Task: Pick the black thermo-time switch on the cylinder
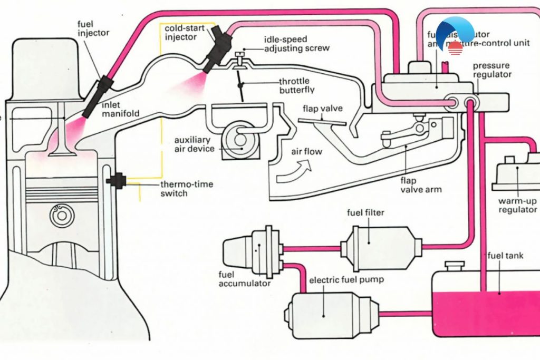115,181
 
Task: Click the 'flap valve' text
323,109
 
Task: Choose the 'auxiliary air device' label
195,144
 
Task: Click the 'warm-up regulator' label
517,206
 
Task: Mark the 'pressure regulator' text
491,70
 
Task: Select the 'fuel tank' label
505,256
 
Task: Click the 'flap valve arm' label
420,185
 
